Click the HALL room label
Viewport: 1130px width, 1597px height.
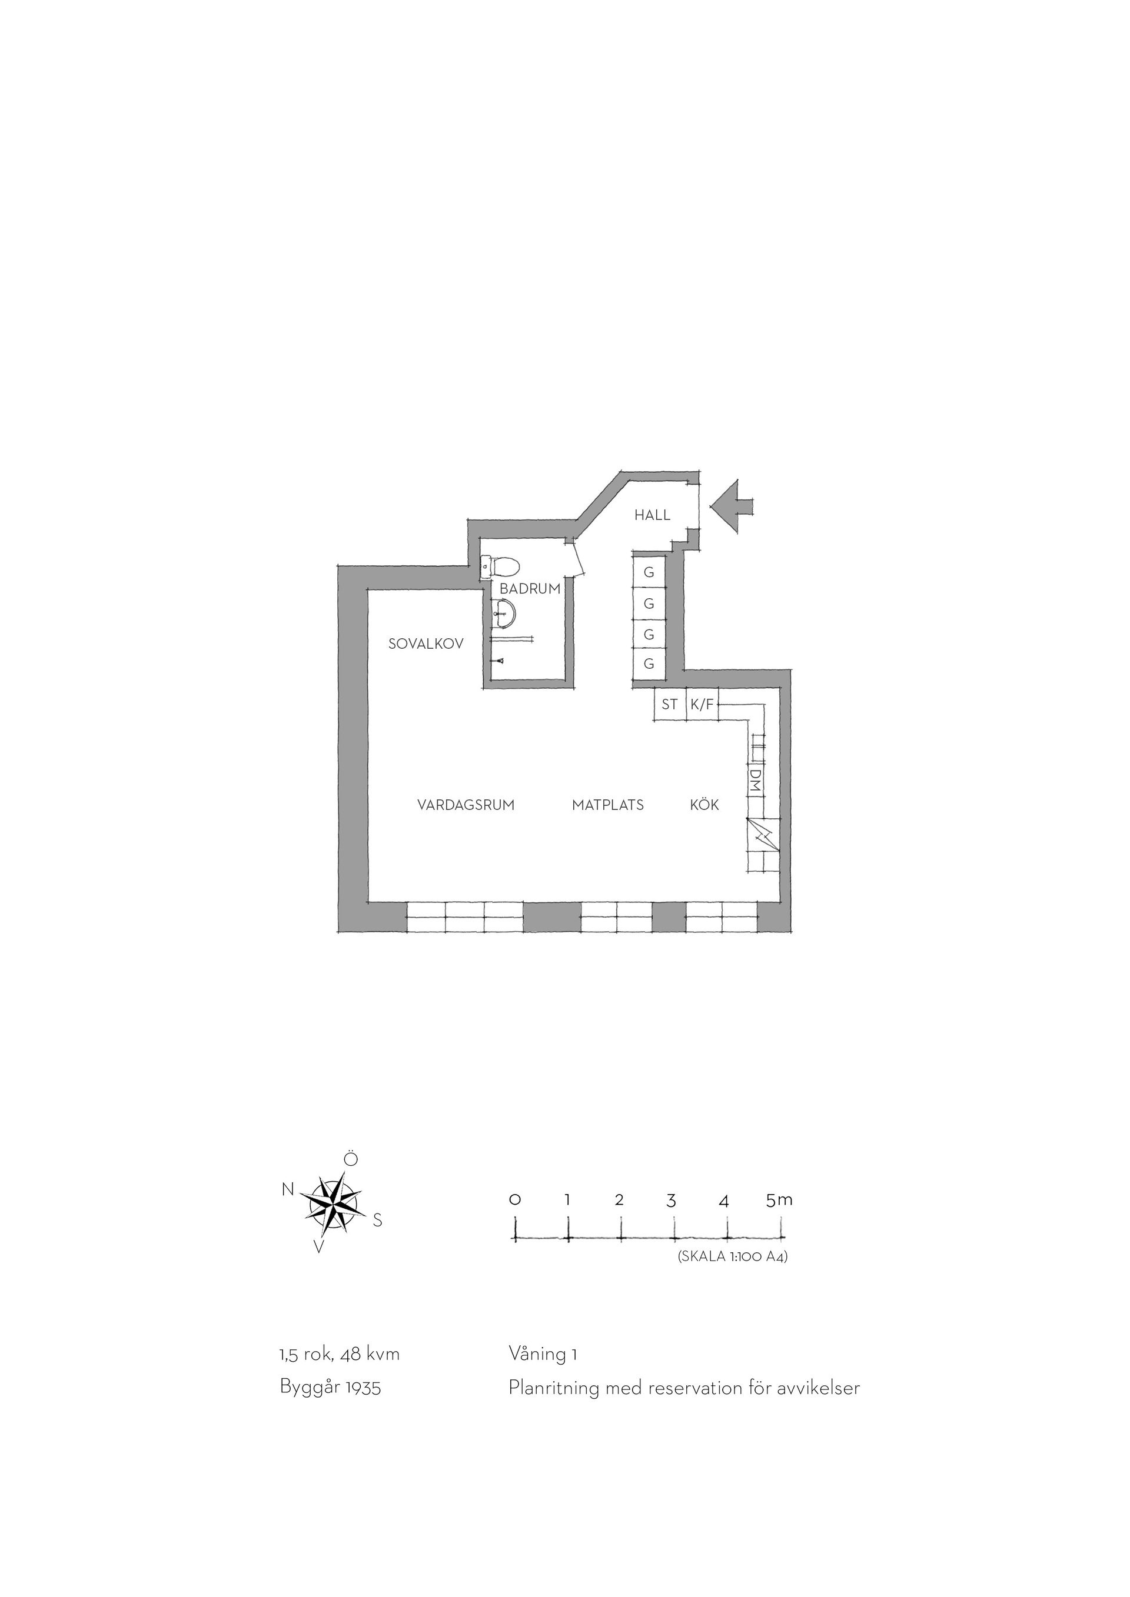pyautogui.click(x=652, y=515)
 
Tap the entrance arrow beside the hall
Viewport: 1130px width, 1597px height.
pyautogui.click(x=730, y=506)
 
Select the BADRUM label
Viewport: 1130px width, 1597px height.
pyautogui.click(x=530, y=589)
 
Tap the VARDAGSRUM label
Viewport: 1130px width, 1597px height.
pyautogui.click(x=466, y=805)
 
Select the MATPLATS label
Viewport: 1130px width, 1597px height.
pyautogui.click(x=608, y=805)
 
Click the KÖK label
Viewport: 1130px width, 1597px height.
pyautogui.click(x=704, y=805)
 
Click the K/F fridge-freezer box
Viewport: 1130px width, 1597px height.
pyautogui.click(x=702, y=705)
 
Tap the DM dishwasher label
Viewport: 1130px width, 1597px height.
pyautogui.click(x=755, y=778)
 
